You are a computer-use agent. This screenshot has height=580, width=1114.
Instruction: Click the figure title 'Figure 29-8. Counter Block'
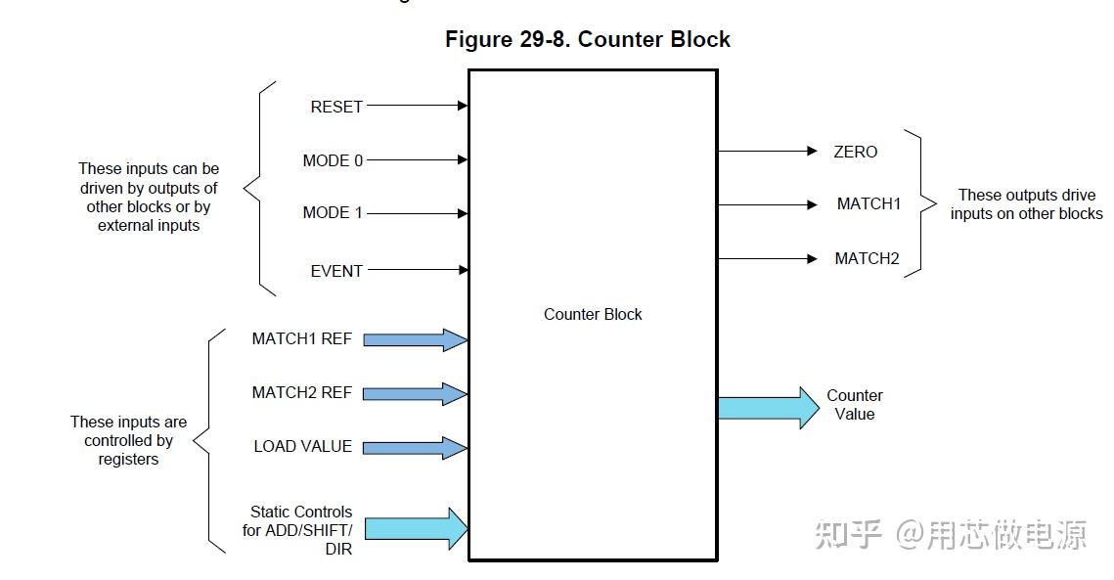[x=587, y=40]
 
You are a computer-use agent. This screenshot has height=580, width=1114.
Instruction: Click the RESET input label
[x=336, y=107]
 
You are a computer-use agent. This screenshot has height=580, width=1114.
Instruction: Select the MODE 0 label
[x=333, y=160]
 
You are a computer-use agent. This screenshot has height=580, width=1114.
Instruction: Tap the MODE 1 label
[x=333, y=213]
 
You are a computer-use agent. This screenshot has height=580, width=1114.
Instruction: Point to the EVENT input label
[x=336, y=271]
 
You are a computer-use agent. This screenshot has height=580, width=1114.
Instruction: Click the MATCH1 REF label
[x=301, y=339]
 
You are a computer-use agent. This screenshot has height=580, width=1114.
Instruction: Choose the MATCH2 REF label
[x=301, y=393]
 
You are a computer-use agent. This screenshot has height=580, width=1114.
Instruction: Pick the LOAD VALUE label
[x=302, y=447]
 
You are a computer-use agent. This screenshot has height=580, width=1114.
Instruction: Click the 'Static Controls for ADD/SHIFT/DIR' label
[x=298, y=530]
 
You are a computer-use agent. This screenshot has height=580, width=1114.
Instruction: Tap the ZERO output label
[x=855, y=152]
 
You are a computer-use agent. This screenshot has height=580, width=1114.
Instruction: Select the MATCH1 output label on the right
[x=869, y=204]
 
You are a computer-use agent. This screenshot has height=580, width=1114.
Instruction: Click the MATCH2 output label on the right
[x=867, y=259]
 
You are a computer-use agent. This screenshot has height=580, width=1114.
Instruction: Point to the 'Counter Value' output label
[x=854, y=405]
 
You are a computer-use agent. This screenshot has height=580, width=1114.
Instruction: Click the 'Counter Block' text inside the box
[x=593, y=315]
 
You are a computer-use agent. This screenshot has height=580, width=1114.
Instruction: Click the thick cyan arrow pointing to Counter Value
[x=768, y=407]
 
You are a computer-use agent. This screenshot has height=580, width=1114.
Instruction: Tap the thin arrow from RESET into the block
[x=417, y=106]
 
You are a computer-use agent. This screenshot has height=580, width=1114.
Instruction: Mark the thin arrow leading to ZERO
[x=767, y=152]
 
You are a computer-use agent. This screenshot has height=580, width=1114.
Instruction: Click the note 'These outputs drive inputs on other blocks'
[x=1025, y=204]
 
